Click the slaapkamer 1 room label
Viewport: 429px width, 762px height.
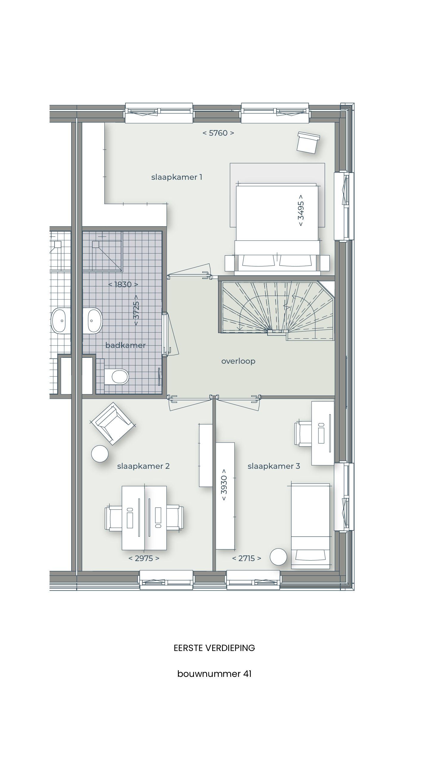pyautogui.click(x=177, y=177)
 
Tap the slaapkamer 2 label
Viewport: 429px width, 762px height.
pyautogui.click(x=143, y=466)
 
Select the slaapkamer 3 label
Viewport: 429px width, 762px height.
pyautogui.click(x=273, y=466)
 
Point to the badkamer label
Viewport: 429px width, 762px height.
pyautogui.click(x=125, y=345)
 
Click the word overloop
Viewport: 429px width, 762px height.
pyautogui.click(x=238, y=361)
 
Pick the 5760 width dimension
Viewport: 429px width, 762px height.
pyautogui.click(x=218, y=133)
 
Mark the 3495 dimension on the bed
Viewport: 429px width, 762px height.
pyautogui.click(x=301, y=210)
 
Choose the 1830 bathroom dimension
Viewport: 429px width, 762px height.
pyautogui.click(x=123, y=284)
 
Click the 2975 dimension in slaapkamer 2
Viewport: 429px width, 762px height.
pyautogui.click(x=144, y=558)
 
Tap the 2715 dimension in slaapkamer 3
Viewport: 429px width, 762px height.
pyautogui.click(x=247, y=558)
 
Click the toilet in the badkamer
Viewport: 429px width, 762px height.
pyautogui.click(x=117, y=377)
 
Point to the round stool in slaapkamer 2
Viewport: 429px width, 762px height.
pyautogui.click(x=100, y=454)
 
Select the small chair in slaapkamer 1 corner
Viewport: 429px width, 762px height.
pyautogui.click(x=308, y=142)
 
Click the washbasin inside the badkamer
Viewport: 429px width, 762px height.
pyautogui.click(x=92, y=321)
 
